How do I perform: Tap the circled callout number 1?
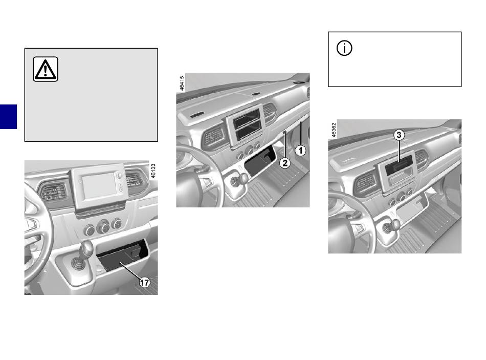pos(301,151)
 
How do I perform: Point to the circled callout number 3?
pos(400,135)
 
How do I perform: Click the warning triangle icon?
pos(46,70)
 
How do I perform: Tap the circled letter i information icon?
pos(345,49)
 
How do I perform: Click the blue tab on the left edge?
pos(8,117)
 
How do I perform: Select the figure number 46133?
pos(152,171)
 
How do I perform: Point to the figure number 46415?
pos(182,83)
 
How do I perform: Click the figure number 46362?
pos(334,130)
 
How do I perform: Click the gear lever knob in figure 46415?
pos(241,178)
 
